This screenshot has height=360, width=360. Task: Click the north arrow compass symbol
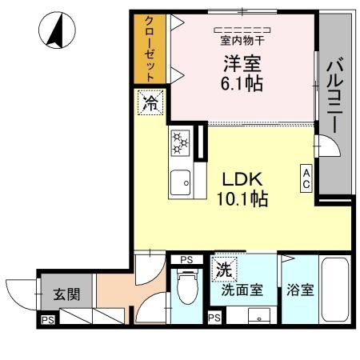57,31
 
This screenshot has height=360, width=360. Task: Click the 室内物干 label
242,38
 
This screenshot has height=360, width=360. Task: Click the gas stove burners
180,144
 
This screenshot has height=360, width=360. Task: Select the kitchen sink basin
181,182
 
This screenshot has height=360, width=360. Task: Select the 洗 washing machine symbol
223,270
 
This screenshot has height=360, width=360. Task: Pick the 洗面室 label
242,290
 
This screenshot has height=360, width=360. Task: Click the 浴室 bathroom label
300,290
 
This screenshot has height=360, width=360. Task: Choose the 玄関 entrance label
66,294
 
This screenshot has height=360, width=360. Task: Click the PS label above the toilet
186,260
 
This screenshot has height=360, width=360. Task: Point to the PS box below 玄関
47,322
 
